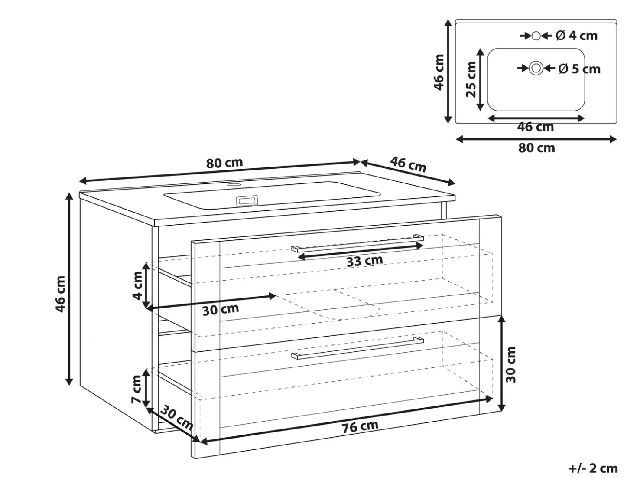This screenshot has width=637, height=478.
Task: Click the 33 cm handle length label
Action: [364, 261]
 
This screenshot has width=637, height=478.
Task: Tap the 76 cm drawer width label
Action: [360, 427]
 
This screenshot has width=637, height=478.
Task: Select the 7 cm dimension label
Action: [136, 389]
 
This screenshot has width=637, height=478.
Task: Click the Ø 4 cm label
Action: [577, 36]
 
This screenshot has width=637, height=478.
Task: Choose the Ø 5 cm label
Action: [579, 69]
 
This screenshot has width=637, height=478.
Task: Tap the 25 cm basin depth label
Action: [471, 79]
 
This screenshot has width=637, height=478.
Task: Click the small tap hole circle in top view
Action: [536, 36]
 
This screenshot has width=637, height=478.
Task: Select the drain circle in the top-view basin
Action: [536, 69]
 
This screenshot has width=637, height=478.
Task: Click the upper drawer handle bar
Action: [357, 243]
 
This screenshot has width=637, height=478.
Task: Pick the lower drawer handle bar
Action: [357, 348]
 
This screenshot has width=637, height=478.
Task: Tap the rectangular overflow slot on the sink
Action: [247, 201]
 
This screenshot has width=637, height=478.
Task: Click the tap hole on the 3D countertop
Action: [234, 184]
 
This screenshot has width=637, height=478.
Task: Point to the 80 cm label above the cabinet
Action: [224, 163]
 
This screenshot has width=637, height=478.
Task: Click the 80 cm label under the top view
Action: [536, 148]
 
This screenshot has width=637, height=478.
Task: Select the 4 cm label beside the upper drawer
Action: [137, 285]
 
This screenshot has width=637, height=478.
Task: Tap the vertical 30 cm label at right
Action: [510, 365]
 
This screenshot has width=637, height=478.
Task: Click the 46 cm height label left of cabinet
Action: [60, 294]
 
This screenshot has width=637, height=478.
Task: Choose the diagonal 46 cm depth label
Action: [408, 164]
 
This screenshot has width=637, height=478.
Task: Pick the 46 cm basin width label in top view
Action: [536, 127]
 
